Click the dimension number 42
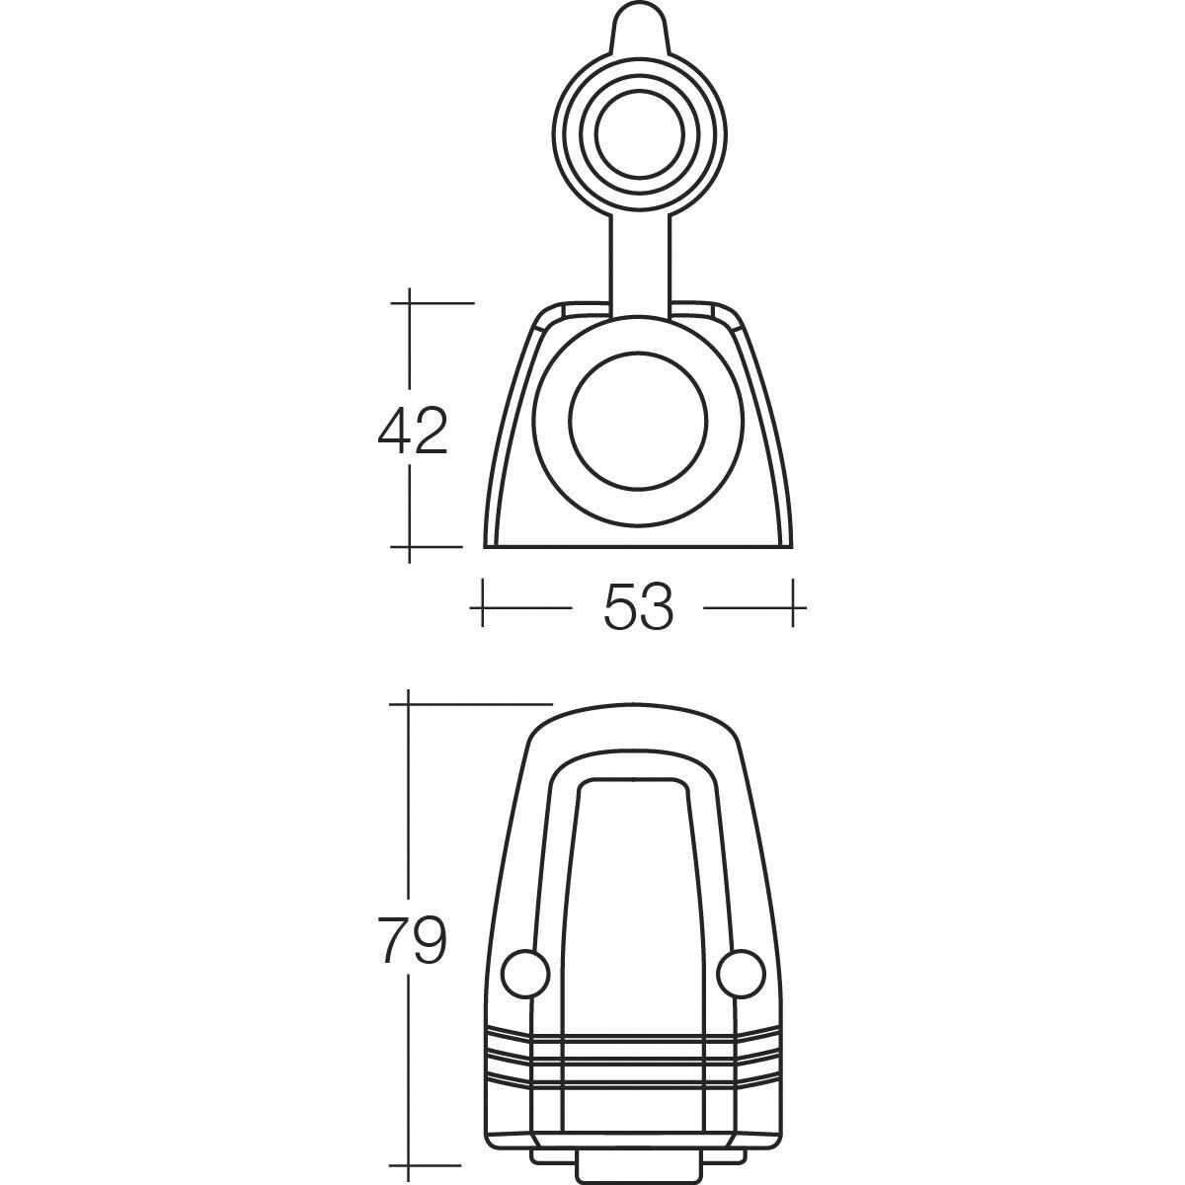[413, 432]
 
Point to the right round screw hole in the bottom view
[742, 974]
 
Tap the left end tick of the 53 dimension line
[482, 603]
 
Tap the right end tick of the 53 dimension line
[795, 603]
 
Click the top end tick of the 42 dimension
[409, 301]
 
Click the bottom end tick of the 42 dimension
[409, 546]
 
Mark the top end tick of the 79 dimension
[409, 703]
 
